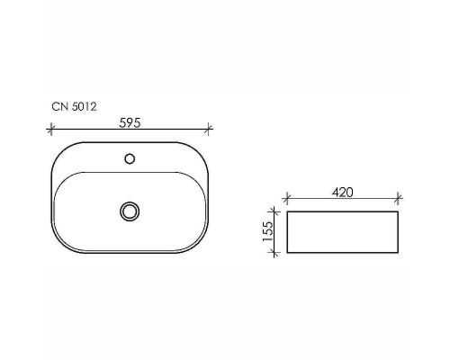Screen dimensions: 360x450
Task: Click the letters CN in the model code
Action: [x=58, y=105]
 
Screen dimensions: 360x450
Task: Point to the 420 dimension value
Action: [x=343, y=192]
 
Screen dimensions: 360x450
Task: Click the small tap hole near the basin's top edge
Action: [x=130, y=159]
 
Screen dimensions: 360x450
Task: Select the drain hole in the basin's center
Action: [x=130, y=211]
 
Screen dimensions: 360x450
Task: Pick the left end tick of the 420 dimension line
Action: [x=285, y=200]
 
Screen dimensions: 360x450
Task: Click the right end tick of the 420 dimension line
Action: [x=399, y=200]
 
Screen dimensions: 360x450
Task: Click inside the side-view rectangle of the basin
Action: [x=342, y=233]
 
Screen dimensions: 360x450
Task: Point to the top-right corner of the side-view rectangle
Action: [x=399, y=212]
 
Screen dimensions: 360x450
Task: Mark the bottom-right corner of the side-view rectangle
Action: [x=399, y=254]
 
